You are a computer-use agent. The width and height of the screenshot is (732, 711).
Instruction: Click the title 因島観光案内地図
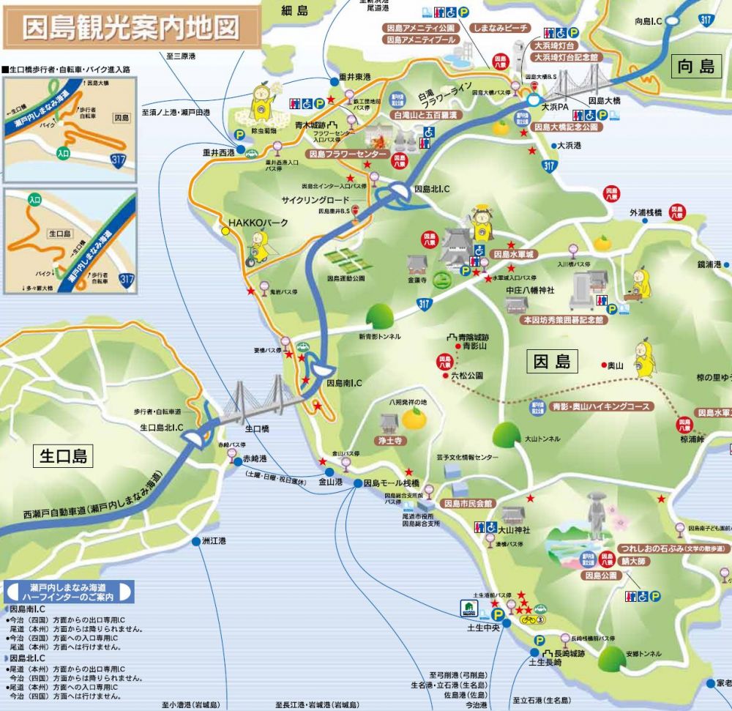(x=131, y=28)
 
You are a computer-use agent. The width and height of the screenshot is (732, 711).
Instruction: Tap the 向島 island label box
(x=695, y=67)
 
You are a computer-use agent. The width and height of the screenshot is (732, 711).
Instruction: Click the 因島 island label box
(x=552, y=361)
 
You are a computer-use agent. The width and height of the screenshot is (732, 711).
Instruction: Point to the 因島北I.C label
(x=432, y=189)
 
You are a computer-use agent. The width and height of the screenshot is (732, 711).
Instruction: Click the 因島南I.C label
(x=344, y=383)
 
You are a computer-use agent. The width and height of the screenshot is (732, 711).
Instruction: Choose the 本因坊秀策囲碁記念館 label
(x=564, y=320)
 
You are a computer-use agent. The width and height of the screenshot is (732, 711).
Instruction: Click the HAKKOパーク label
(x=259, y=223)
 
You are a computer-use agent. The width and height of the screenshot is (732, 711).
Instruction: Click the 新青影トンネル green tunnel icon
(x=380, y=316)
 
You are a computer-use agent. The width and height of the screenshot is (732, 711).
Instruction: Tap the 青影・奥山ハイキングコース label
(x=601, y=406)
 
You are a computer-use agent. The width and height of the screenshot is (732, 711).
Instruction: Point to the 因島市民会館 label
(x=468, y=504)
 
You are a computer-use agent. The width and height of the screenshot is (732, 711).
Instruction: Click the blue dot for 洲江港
(x=195, y=542)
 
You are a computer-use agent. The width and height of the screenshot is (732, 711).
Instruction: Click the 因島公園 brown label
(x=602, y=576)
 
